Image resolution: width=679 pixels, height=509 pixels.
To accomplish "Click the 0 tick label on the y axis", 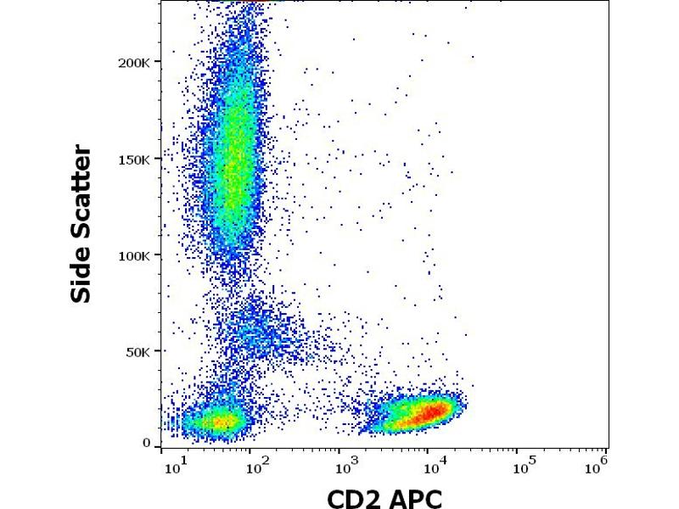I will [146, 443].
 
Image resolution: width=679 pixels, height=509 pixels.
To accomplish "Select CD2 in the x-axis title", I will [355, 498].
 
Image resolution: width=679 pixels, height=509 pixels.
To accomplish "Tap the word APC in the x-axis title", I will [415, 498].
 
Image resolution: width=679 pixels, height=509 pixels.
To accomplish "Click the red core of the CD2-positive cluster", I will [428, 413].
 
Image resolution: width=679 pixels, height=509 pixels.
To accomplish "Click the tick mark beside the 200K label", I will [158, 63].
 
